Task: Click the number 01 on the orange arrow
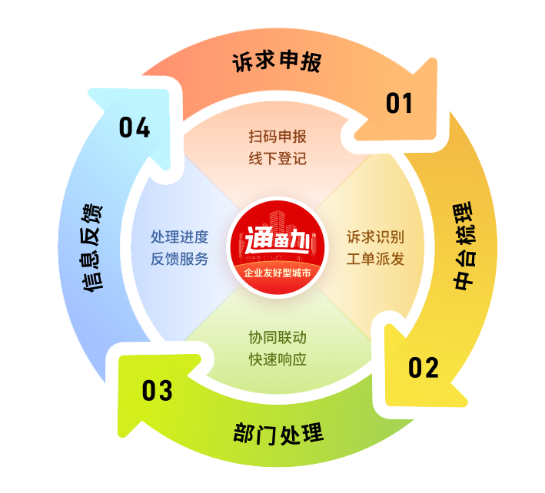tap(399, 103)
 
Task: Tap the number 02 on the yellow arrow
tap(424, 368)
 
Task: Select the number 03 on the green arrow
tap(157, 391)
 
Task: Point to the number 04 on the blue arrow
tap(135, 127)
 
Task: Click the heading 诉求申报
tap(277, 61)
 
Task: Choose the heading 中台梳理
tap(464, 246)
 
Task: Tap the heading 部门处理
tap(278, 434)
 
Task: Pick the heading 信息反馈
tap(91, 248)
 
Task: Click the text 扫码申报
tap(277, 137)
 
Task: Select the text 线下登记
tap(277, 159)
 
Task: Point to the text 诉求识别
tap(375, 237)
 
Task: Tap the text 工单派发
tap(375, 259)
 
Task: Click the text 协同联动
tap(277, 337)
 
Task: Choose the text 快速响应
tap(277, 359)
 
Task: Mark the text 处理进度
tap(179, 237)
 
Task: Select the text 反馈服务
tap(179, 259)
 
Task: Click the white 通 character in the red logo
tap(258, 240)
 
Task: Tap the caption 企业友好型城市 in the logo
tap(277, 273)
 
